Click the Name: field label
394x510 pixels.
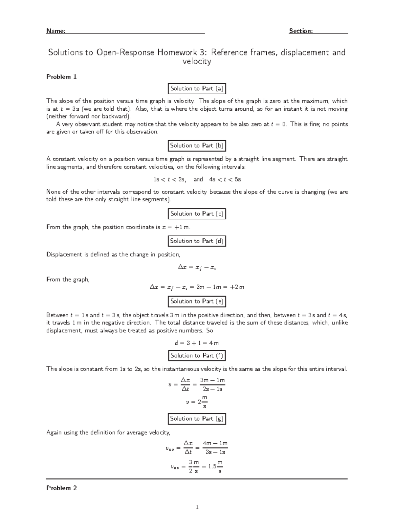pos(55,31)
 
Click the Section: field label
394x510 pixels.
pos(300,31)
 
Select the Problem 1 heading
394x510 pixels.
pos(61,77)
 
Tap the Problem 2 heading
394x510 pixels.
pos(61,488)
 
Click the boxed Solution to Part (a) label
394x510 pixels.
pos(197,89)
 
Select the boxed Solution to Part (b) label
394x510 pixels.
pos(197,145)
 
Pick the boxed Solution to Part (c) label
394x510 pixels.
pos(197,214)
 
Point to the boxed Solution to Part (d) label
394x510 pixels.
pos(197,241)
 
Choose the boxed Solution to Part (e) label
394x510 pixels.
pos(197,301)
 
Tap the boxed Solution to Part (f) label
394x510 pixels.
pos(197,355)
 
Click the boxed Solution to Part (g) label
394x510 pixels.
pos(197,419)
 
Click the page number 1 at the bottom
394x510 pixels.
pos(197,507)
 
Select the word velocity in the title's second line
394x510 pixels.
pos(197,62)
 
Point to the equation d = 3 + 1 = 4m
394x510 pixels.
pos(197,343)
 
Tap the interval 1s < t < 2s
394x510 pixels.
pos(170,180)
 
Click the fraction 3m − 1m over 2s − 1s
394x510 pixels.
pos(212,385)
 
